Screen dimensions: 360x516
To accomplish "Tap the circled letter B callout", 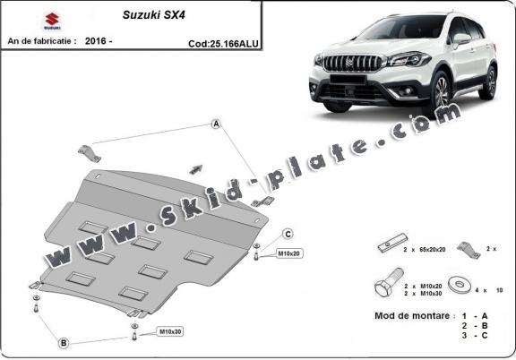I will [64, 342].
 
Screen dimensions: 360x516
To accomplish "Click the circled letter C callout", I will [288, 234].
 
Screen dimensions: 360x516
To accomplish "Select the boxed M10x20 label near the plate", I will [288, 253].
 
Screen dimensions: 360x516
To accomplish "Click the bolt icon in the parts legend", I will [383, 288].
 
